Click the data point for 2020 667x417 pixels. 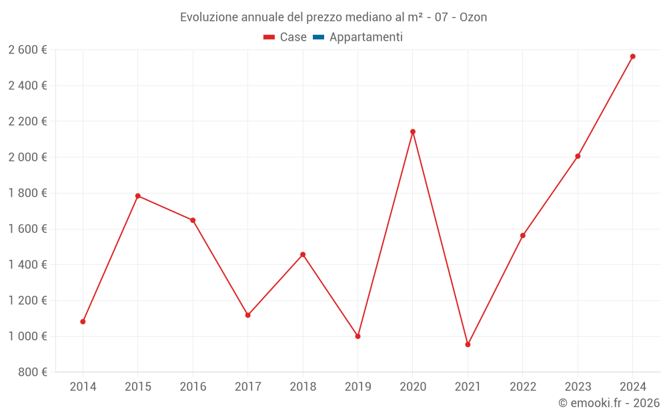(413, 131)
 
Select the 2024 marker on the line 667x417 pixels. (632, 57)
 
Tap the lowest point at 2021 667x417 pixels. (468, 344)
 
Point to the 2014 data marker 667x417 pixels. (83, 322)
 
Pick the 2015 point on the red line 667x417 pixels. (138, 195)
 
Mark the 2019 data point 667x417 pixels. (358, 336)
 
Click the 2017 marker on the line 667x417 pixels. (247, 315)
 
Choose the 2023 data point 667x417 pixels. (578, 156)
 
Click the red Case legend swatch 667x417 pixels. (269, 37)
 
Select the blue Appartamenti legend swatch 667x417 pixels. (318, 37)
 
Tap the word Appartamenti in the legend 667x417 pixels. (366, 37)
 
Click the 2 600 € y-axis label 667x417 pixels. (27, 50)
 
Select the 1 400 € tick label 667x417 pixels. (27, 265)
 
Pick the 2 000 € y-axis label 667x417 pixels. (27, 157)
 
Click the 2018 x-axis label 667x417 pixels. (303, 387)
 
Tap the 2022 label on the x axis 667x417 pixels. (522, 387)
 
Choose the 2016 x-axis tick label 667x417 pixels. (193, 387)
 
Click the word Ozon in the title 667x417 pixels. (473, 17)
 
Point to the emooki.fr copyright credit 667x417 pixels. (609, 403)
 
